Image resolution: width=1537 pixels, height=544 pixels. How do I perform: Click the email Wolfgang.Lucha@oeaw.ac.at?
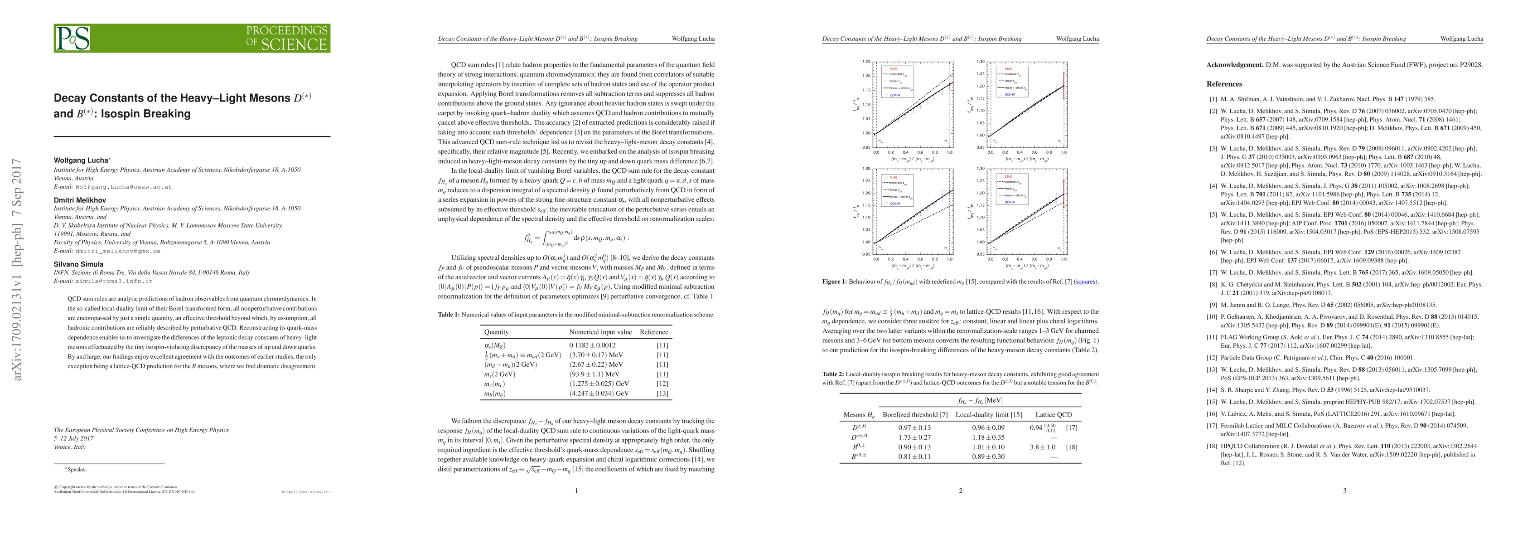pos(124,187)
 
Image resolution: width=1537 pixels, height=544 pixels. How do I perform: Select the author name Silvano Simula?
pos(78,264)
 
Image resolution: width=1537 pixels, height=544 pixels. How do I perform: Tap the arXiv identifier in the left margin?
pos(18,269)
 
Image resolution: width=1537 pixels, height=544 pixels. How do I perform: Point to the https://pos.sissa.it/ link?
pos(305,492)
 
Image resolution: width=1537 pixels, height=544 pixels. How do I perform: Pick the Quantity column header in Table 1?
pos(497,332)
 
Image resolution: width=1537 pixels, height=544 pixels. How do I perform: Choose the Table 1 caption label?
pos(448,315)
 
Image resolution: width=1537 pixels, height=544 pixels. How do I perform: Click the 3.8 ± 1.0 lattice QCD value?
pos(1043,447)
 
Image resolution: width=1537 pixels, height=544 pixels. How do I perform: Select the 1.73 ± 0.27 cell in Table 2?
pos(914,437)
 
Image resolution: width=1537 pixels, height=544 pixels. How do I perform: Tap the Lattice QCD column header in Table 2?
pos(1054,414)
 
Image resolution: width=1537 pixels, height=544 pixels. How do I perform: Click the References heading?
pos(1224,84)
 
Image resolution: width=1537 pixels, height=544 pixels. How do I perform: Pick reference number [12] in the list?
pos(1213,358)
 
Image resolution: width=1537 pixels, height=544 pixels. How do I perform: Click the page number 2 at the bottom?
pos(960,491)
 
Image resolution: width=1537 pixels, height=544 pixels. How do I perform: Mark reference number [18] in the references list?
pos(1213,446)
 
